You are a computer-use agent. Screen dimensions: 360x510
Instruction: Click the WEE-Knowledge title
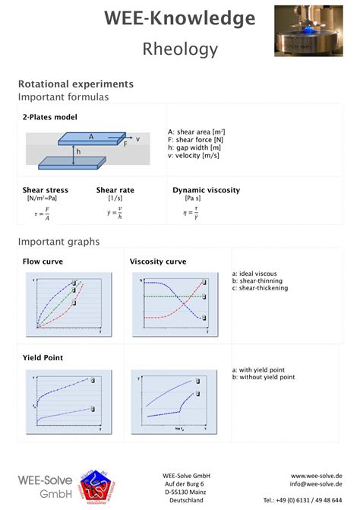pyautogui.click(x=180, y=18)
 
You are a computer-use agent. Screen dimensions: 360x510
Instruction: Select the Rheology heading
pyautogui.click(x=180, y=49)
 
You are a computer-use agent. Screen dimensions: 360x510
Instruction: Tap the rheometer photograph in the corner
pyautogui.click(x=308, y=30)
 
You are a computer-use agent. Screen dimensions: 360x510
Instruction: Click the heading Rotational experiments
pyautogui.click(x=76, y=84)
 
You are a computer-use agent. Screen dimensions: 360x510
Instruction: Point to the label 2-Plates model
pyautogui.click(x=49, y=117)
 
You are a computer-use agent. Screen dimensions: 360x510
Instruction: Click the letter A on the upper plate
pyautogui.click(x=91, y=137)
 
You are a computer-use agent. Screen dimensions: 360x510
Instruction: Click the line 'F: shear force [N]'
pyautogui.click(x=196, y=140)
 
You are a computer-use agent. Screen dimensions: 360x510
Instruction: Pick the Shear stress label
pyautogui.click(x=46, y=190)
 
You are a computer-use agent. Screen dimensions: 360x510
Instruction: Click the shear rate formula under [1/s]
pyautogui.click(x=115, y=215)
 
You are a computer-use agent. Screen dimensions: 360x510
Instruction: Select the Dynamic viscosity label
pyautogui.click(x=206, y=190)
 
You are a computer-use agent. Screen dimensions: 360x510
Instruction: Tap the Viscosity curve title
pyautogui.click(x=158, y=261)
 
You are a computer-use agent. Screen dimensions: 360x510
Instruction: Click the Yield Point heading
pyautogui.click(x=43, y=357)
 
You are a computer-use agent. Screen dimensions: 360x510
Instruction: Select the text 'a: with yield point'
pyautogui.click(x=262, y=370)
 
